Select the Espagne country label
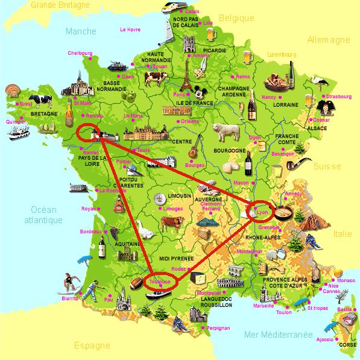pos(92,346)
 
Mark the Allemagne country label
pos(329,40)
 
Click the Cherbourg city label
pos(80,53)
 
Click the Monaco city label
pos(346,281)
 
